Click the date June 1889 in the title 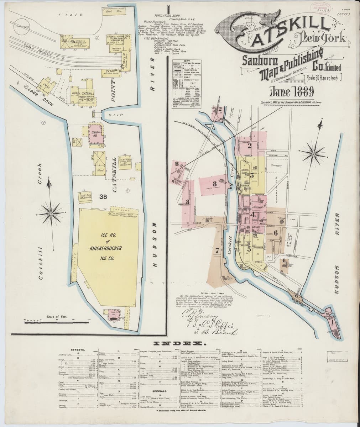pyautogui.click(x=291, y=92)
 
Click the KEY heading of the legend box pyautogui.click(x=186, y=62)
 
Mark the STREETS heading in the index pyautogui.click(x=77, y=350)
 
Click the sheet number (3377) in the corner pyautogui.click(x=344, y=15)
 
